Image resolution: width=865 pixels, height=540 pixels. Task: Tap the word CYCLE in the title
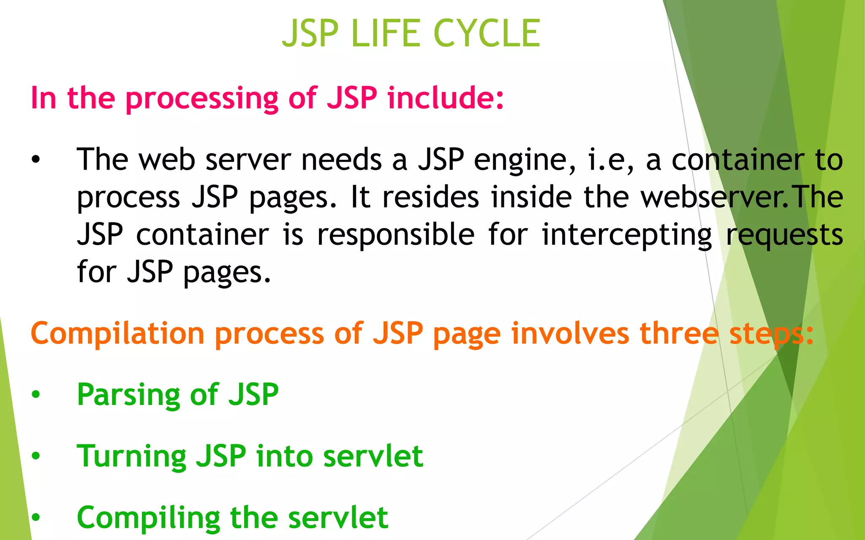pyautogui.click(x=487, y=33)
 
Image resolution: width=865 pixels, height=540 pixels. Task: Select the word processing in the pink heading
pyautogui.click(x=202, y=98)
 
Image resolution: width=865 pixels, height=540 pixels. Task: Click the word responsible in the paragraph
pyautogui.click(x=396, y=235)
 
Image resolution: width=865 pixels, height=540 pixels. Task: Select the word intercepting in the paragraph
pyautogui.click(x=627, y=235)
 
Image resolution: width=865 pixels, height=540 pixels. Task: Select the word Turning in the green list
pyautogui.click(x=131, y=457)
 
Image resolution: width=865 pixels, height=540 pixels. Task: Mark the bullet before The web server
pyautogui.click(x=36, y=160)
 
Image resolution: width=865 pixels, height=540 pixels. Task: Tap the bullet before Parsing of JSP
pyautogui.click(x=36, y=394)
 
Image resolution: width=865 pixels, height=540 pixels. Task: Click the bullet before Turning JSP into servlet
pyautogui.click(x=36, y=456)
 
